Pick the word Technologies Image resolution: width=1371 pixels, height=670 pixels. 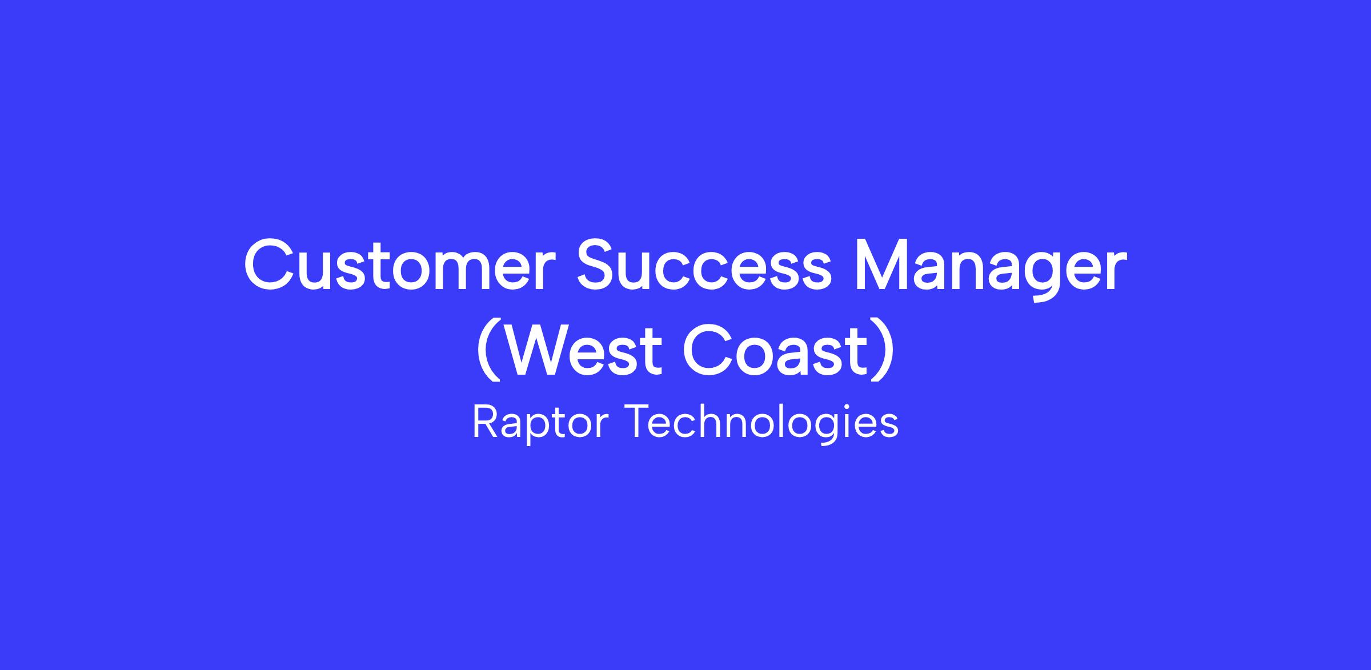tap(763, 423)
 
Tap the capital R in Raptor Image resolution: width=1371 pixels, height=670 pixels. tap(486, 422)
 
